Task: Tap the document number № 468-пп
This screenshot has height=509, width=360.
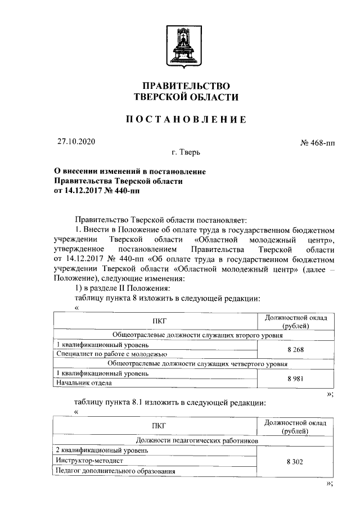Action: point(318,143)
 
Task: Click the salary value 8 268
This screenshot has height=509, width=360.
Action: point(295,349)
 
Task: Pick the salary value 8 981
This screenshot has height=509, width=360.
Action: point(295,379)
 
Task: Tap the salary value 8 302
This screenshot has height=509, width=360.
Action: point(295,461)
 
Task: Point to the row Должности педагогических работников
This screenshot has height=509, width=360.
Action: point(197,441)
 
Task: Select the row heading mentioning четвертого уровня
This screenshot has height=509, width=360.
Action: point(197,364)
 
